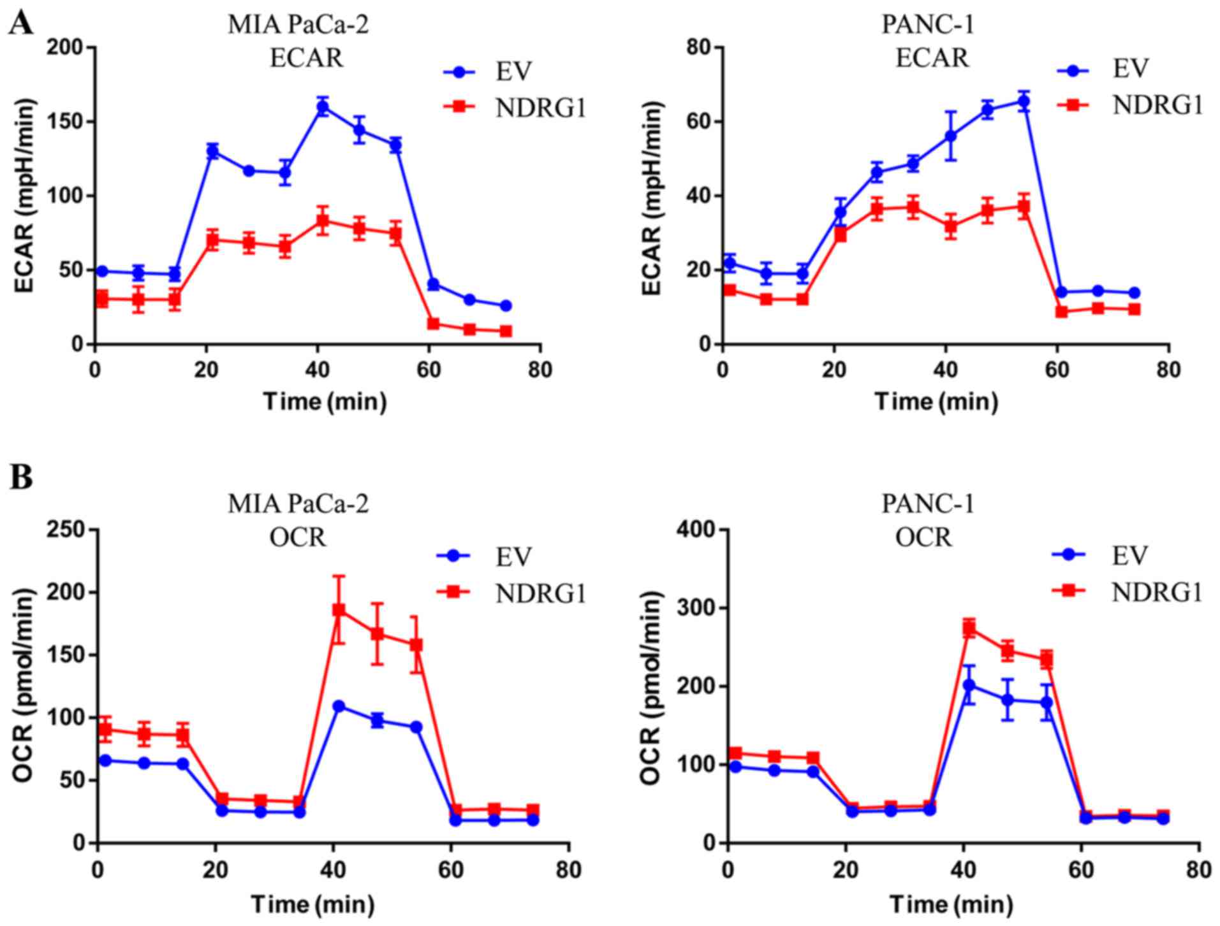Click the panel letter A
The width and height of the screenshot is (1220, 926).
click(21, 24)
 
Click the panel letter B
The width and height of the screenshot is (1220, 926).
click(21, 477)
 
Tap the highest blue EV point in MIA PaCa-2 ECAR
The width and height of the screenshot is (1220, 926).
click(323, 107)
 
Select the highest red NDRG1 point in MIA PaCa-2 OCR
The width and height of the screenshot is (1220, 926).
click(339, 610)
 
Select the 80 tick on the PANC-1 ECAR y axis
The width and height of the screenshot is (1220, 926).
click(702, 48)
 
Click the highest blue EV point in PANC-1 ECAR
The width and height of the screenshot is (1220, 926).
click(1024, 101)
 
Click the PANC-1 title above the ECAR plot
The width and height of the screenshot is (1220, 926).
click(928, 25)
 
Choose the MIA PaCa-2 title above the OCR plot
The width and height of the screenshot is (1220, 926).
click(298, 504)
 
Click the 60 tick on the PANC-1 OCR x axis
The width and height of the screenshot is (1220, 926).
click(1081, 870)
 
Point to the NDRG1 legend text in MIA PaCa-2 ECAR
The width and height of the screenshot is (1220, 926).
click(540, 106)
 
